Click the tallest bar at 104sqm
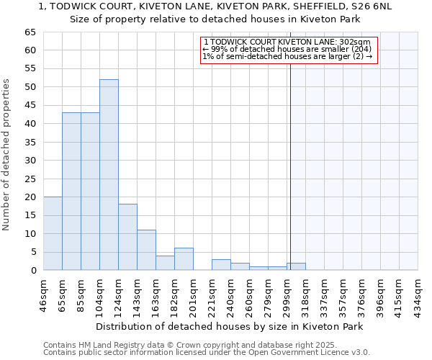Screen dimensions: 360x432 pos(109,175)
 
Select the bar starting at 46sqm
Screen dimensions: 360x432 pos(53,233)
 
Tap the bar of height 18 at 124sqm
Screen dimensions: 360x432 pos(127,237)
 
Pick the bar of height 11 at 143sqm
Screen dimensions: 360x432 pos(146,250)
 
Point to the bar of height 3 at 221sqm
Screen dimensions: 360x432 pos(221,265)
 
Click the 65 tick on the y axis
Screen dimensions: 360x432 pos(30,32)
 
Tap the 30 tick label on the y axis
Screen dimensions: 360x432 pos(30,161)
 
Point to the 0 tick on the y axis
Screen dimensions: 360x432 pos(32,271)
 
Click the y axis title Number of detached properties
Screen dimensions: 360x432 pos(7,155)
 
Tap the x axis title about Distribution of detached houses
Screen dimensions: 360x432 pos(229,326)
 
